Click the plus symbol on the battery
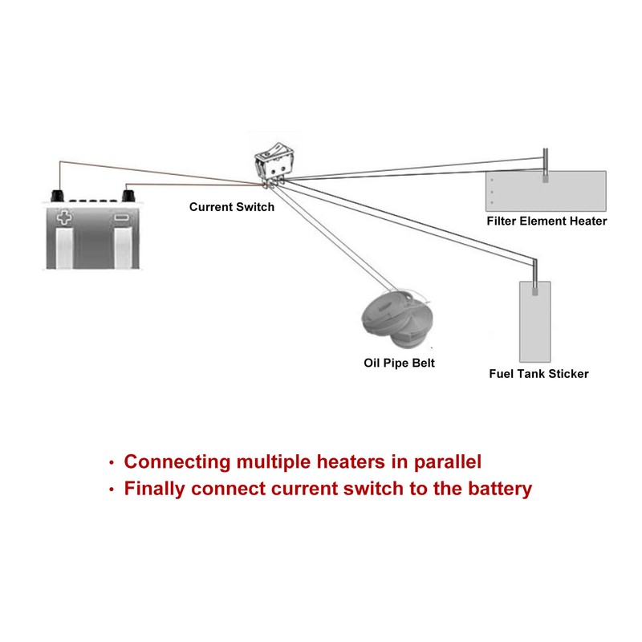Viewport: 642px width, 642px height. click(x=63, y=217)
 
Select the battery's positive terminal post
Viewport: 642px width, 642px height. click(x=58, y=196)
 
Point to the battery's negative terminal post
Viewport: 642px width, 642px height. click(x=129, y=196)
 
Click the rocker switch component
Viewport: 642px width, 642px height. click(x=274, y=165)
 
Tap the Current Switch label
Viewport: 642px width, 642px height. click(x=232, y=207)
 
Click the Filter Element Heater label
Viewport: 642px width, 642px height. click(x=547, y=221)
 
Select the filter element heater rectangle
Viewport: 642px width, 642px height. click(x=546, y=191)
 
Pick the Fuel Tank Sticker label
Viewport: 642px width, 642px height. click(x=538, y=374)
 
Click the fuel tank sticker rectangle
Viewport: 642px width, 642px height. click(x=534, y=322)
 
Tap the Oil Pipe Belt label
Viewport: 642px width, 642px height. click(x=399, y=364)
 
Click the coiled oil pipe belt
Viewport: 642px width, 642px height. click(x=396, y=317)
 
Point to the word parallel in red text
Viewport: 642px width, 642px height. click(x=448, y=462)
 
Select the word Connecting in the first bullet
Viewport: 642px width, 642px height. click(x=177, y=462)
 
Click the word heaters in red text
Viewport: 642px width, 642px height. click(x=351, y=462)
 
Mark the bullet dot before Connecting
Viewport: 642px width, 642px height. click(x=111, y=463)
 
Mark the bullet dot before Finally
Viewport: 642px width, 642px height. click(x=111, y=490)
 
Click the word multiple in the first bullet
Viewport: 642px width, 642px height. click(x=274, y=462)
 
